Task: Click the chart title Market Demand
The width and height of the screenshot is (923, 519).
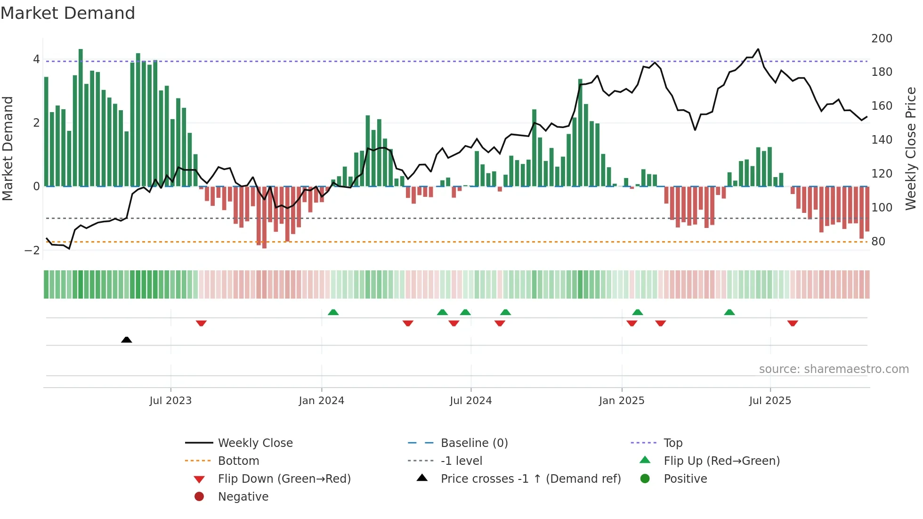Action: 68,13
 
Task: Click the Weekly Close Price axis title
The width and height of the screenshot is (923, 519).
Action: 911,148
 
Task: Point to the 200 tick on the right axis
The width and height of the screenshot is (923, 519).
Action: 882,38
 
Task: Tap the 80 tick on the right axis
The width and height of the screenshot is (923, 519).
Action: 878,241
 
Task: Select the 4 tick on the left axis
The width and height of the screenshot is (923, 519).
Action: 36,59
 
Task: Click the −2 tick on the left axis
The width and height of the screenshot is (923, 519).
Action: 32,250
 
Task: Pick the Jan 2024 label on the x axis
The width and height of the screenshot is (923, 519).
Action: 321,400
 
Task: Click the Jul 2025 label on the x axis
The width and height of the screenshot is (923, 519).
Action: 770,400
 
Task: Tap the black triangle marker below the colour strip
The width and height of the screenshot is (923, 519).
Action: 126,340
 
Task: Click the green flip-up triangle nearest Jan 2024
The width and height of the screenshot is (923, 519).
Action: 333,312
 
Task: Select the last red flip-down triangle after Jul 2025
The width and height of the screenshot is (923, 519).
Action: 793,323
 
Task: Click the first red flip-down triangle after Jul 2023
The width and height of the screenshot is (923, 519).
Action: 201,323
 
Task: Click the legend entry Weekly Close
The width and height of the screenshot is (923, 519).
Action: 255,443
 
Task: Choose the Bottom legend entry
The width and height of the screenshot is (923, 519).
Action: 238,461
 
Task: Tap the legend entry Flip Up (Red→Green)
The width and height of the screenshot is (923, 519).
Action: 721,461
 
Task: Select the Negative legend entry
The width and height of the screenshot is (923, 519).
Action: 243,496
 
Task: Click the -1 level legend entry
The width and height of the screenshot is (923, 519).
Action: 461,461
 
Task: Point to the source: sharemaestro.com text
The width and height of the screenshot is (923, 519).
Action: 834,369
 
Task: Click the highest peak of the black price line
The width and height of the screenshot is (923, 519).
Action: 758,49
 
